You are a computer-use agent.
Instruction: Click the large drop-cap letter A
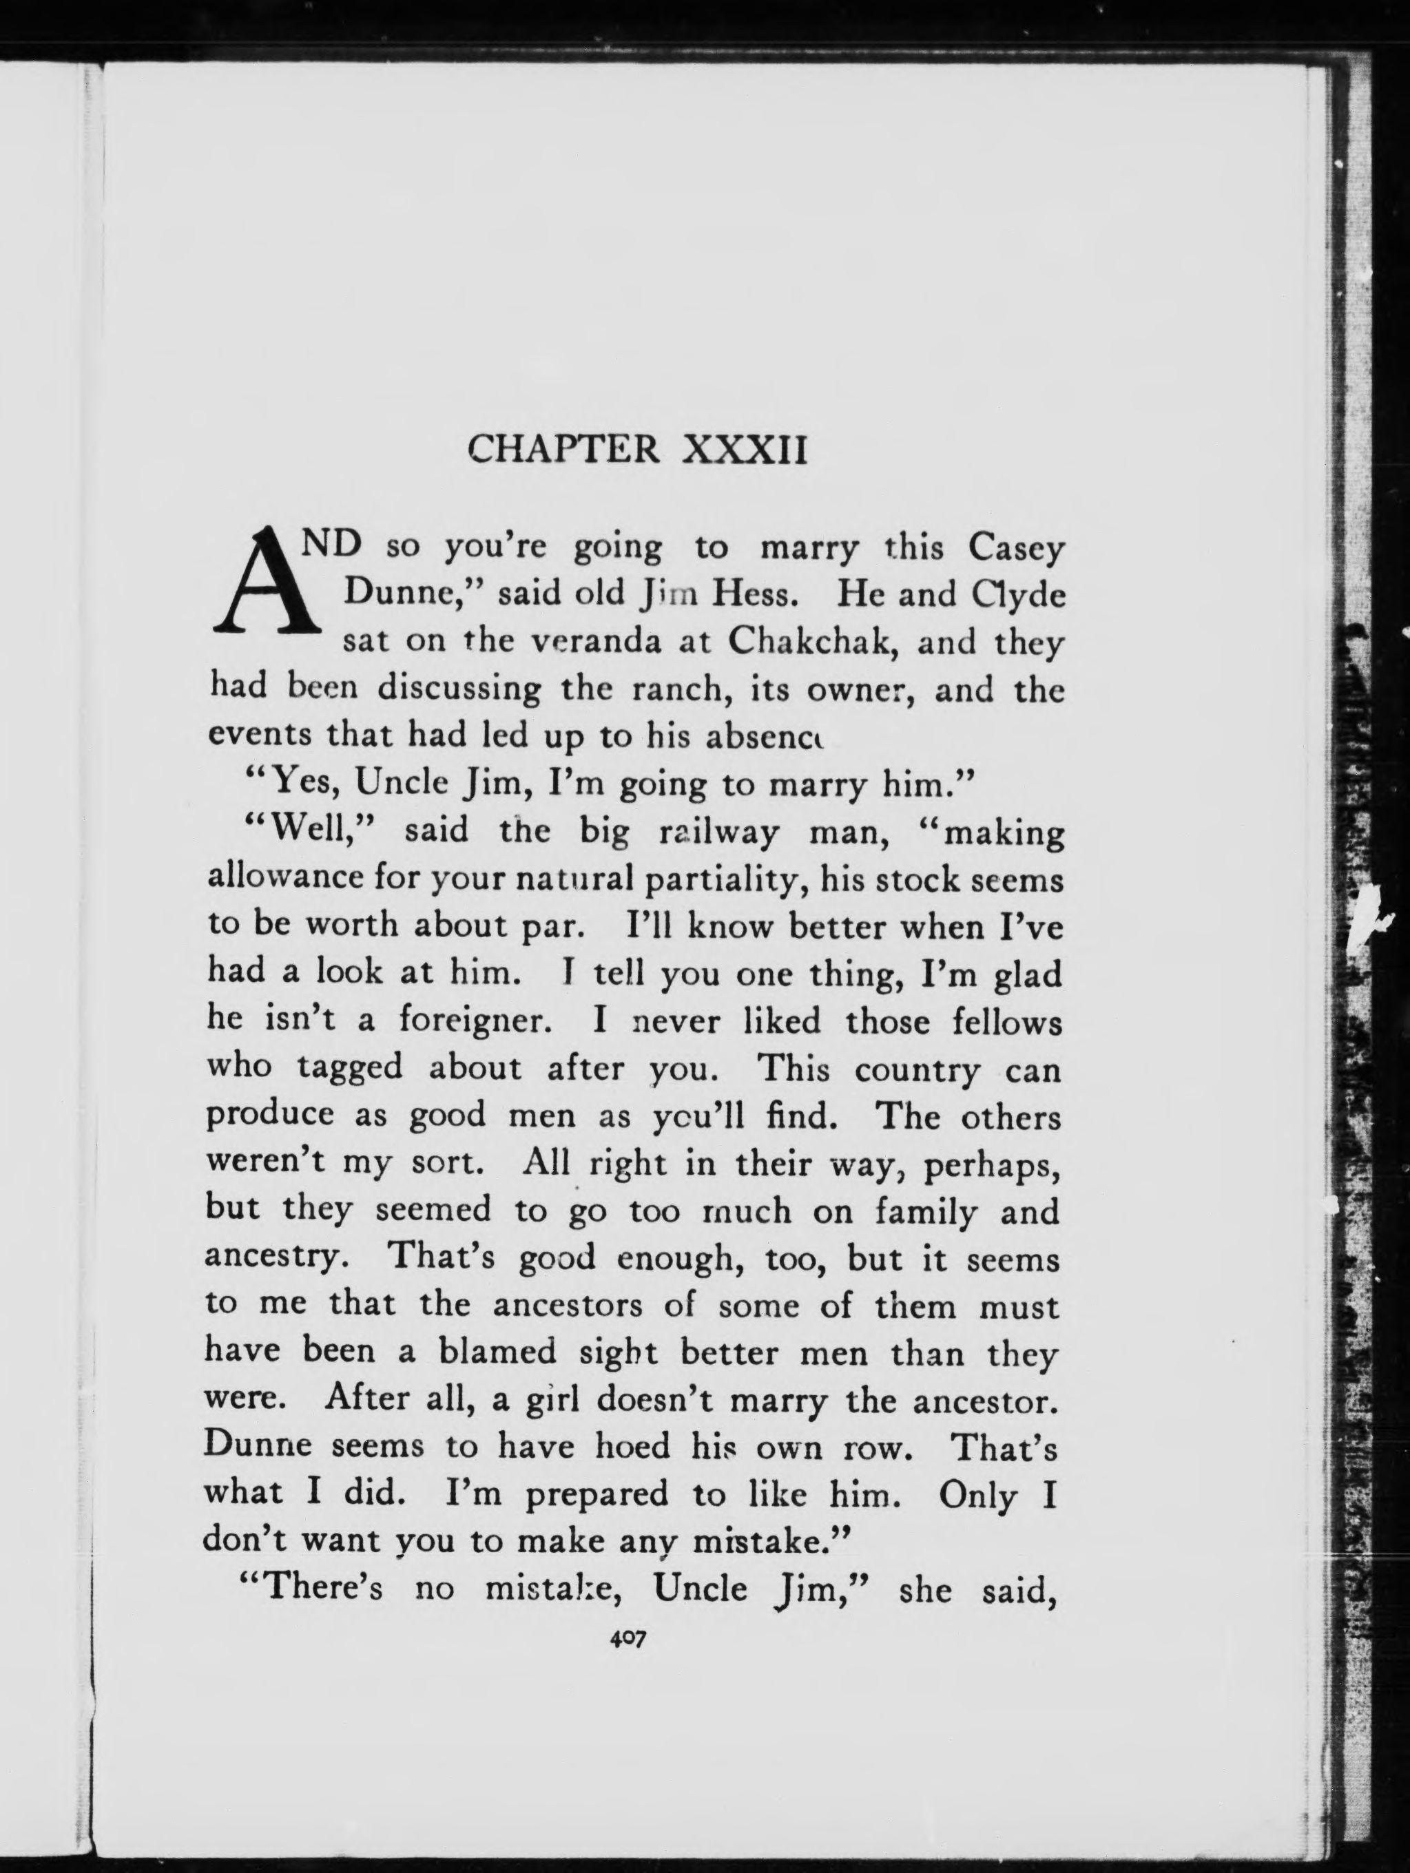(266, 583)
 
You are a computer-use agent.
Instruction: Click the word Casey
(1016, 550)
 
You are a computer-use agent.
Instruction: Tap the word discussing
(459, 689)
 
